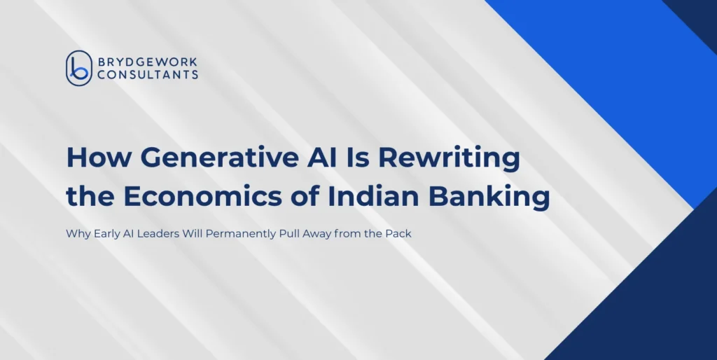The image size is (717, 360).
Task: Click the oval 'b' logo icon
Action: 79,68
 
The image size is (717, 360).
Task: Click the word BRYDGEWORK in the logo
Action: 147,62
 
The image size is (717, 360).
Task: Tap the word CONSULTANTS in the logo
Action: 148,74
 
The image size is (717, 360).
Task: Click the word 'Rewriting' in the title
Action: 449,159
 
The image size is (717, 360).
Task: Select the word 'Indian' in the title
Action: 374,196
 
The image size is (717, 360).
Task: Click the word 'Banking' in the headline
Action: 489,197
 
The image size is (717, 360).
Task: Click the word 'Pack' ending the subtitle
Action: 398,234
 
